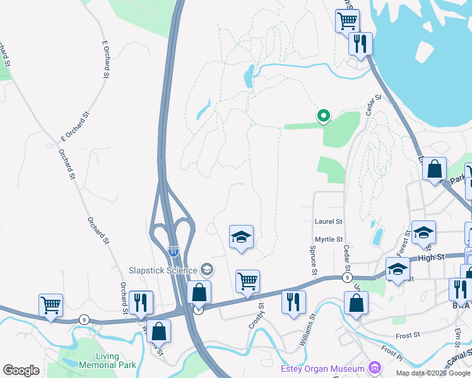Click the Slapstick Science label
(161, 270)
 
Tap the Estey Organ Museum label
(322, 369)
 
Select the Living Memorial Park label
(98, 360)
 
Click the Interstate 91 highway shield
(174, 252)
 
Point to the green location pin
(323, 115)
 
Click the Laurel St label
(328, 222)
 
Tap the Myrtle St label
(328, 239)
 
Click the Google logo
(21, 370)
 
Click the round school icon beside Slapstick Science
(206, 270)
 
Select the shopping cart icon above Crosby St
(247, 281)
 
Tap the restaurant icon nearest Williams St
(293, 301)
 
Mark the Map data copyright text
(434, 373)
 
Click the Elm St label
(457, 333)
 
